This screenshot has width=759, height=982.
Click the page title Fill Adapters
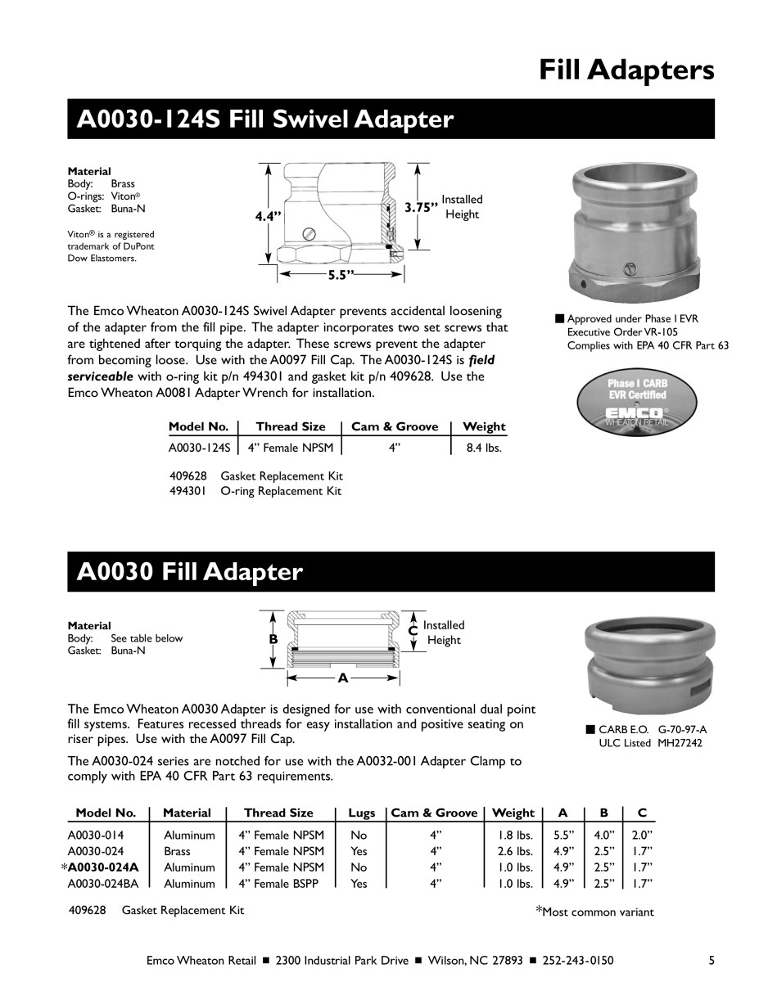626,70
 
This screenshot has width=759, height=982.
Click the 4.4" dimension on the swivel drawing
268,216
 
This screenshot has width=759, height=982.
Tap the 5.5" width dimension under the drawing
339,276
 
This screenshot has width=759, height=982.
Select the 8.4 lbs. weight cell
483,448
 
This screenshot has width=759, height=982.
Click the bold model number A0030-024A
103,867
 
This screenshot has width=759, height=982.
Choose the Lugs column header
361,813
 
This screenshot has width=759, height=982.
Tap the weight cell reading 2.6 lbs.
515,851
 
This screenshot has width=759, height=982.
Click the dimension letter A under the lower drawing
342,678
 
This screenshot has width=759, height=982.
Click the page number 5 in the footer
712,960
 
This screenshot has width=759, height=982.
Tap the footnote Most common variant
598,912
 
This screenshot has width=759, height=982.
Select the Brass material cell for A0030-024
177,851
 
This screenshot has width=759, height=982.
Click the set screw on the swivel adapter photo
630,268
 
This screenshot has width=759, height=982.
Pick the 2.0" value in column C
640,836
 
